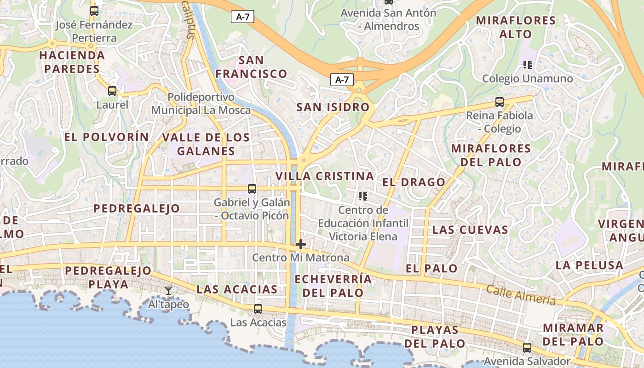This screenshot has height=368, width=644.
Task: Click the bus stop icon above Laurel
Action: pos(112,91)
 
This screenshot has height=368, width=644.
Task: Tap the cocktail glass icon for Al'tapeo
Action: pos(168,290)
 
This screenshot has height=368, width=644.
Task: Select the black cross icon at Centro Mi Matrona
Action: pos(301,244)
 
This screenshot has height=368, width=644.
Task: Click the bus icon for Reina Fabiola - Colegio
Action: pos(500,102)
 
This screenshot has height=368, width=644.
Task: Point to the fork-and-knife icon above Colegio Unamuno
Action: pos(527,65)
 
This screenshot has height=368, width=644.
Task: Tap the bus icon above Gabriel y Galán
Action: pos(252,189)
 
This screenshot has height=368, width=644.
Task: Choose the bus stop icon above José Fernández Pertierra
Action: pos(94,11)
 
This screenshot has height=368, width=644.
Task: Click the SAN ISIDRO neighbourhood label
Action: pos(333,108)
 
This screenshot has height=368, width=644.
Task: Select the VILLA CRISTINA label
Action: pos(324,176)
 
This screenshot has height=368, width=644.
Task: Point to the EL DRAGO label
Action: pos(414,182)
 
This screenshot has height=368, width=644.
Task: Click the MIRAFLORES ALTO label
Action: pos(516,27)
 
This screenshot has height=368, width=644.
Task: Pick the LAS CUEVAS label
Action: pos(470,230)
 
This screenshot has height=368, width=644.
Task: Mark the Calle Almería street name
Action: pos(521,295)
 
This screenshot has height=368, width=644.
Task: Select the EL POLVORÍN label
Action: pos(107,137)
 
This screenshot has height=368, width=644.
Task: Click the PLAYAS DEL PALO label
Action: pos(435,337)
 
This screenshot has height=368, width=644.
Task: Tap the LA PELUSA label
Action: pos(589,265)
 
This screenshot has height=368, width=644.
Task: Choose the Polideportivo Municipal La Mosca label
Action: pos(201,104)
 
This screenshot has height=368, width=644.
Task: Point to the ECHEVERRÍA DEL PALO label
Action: pos(333,286)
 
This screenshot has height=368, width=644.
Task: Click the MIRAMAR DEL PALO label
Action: pos(573,335)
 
